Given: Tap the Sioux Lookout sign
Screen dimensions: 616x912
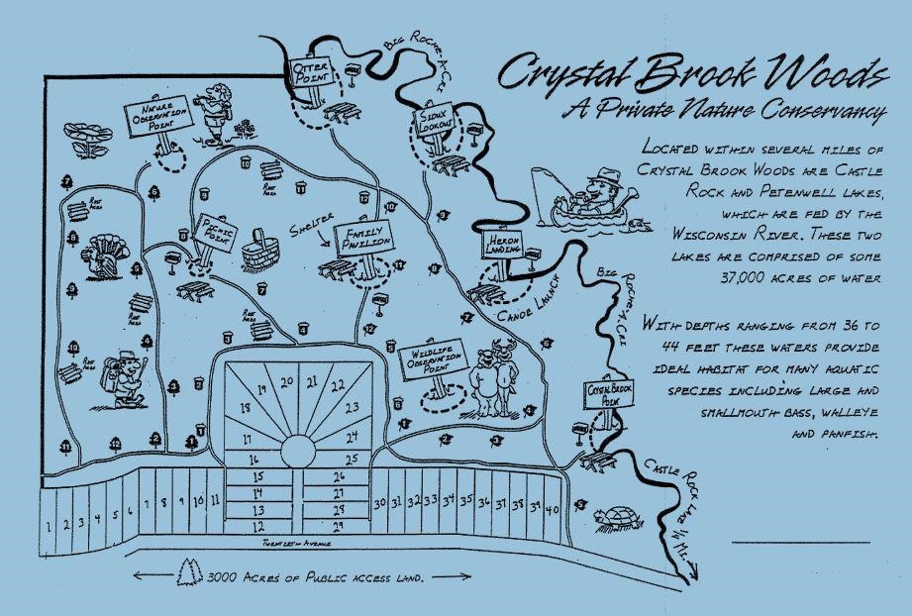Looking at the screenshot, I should pos(433,126).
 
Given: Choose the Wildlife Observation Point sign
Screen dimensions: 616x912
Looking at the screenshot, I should pos(435,363).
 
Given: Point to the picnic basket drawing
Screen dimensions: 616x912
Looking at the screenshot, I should pos(262,251).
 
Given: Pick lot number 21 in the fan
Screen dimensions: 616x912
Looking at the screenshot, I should pos(312,381).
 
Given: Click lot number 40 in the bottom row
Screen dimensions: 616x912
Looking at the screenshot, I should pos(552,507).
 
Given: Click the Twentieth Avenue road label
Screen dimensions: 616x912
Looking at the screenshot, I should pos(290,544).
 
